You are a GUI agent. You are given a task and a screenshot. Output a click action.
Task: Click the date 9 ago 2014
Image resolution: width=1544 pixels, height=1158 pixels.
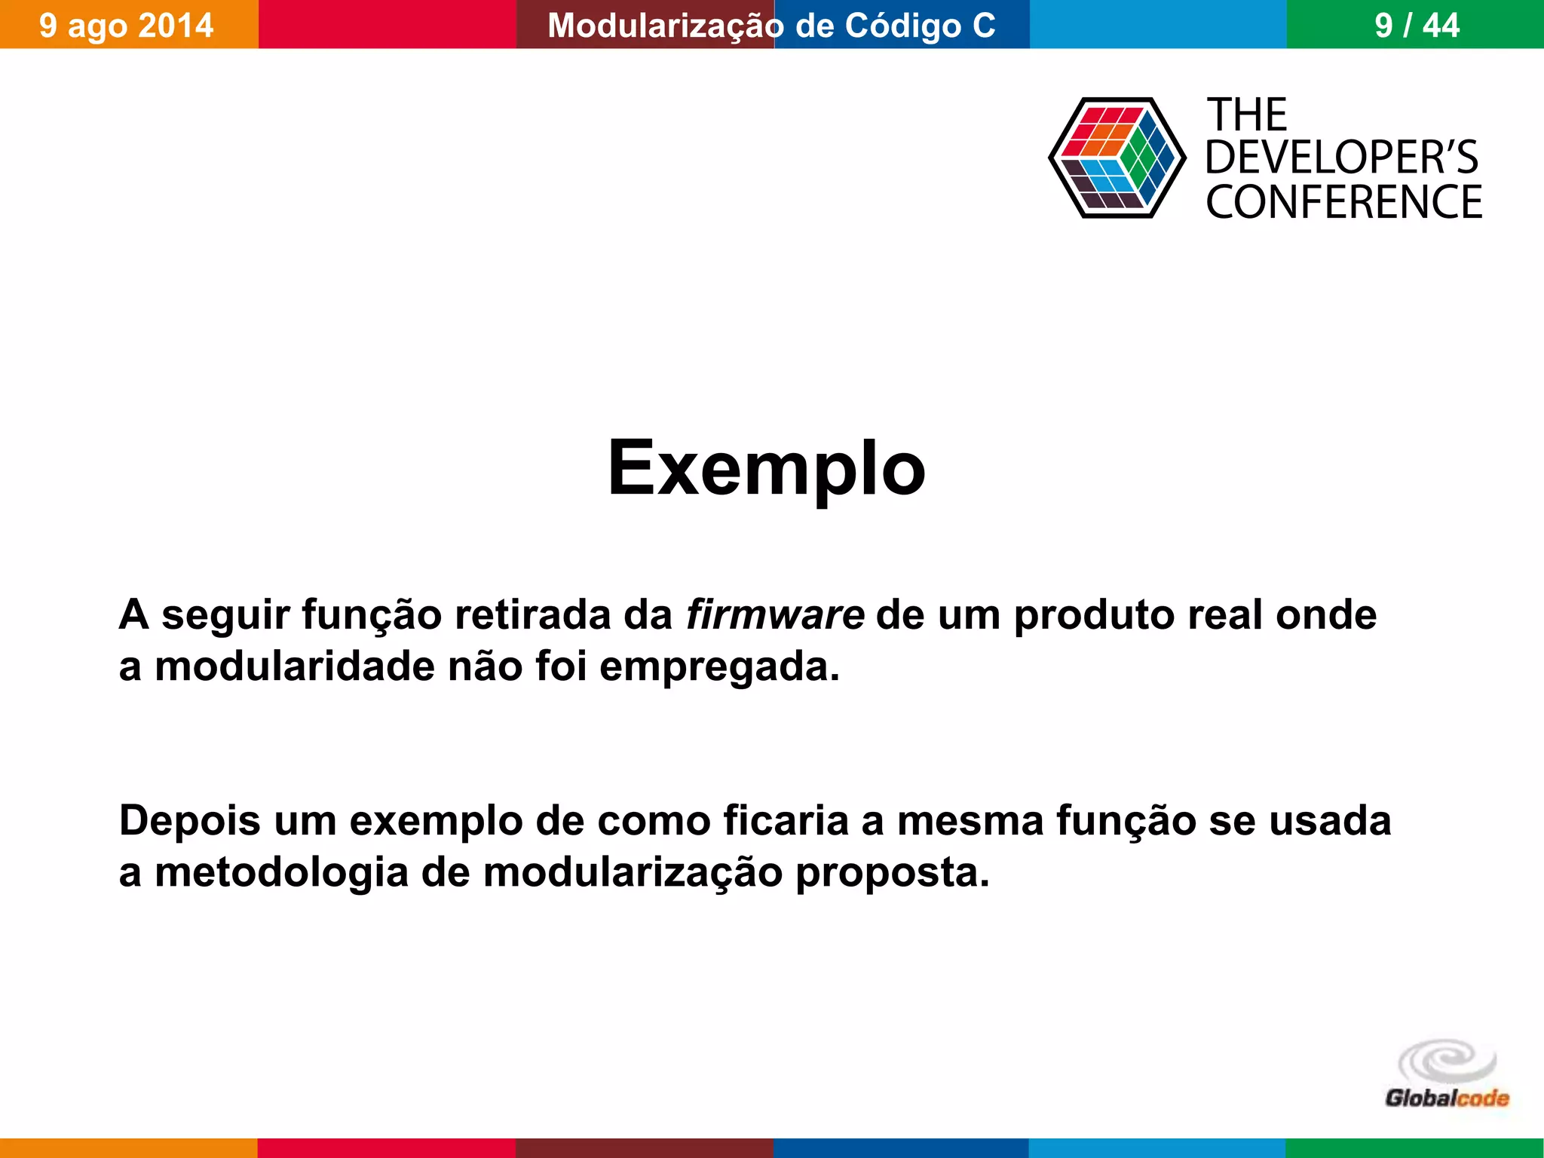tap(126, 26)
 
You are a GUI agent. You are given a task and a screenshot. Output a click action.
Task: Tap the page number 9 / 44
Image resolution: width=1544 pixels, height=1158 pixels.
tap(1417, 26)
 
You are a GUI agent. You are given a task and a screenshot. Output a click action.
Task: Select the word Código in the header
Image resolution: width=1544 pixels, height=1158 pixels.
tap(902, 26)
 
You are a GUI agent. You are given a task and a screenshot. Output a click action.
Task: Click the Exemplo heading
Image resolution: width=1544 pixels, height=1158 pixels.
tap(766, 469)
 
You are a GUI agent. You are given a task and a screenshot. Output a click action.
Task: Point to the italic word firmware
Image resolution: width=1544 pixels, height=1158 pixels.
tap(774, 614)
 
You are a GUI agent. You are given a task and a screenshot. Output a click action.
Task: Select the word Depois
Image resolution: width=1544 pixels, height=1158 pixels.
tap(190, 820)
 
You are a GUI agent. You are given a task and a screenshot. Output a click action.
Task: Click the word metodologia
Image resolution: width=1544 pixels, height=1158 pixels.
tap(280, 873)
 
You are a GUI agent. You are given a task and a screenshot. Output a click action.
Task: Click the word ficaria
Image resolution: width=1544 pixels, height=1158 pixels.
tap(786, 820)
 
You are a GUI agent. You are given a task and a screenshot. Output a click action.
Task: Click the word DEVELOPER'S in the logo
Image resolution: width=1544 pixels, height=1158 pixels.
tap(1341, 158)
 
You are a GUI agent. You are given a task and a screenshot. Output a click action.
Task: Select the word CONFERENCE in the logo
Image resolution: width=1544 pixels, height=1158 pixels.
tap(1343, 202)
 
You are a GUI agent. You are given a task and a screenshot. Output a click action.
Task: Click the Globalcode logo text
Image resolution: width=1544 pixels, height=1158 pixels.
tap(1447, 1098)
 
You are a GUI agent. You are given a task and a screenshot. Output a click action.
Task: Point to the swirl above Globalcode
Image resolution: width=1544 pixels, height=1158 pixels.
tap(1447, 1062)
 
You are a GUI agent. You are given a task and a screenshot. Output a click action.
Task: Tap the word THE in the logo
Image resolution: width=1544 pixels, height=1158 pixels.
tap(1247, 115)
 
